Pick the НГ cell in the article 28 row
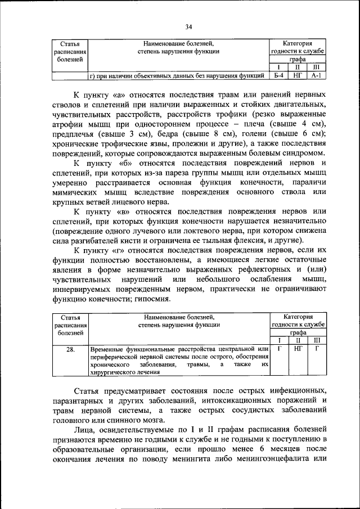(298, 349)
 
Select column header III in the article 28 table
(316, 340)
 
